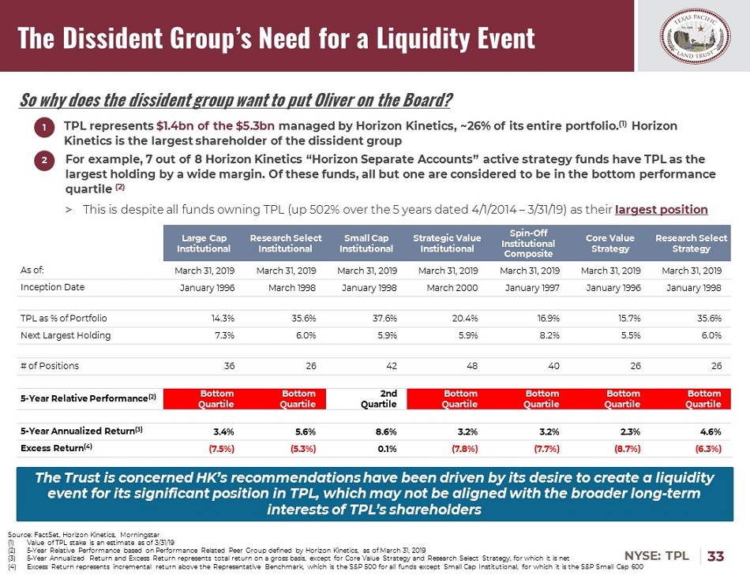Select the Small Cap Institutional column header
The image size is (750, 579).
tap(366, 243)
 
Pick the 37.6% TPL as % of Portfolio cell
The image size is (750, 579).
tap(383, 318)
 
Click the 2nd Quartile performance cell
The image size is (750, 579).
tap(380, 398)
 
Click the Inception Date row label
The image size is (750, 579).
tap(52, 287)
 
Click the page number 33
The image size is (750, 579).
tap(715, 555)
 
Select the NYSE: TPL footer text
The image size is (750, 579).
tap(662, 555)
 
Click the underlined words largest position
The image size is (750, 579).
tap(661, 209)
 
